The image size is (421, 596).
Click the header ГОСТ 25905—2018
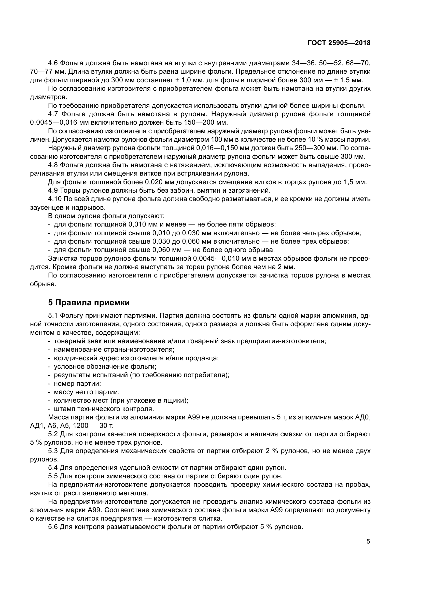click(339, 43)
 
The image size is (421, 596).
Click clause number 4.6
click(53, 63)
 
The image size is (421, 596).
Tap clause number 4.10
click(54, 199)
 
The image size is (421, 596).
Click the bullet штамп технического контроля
click(104, 409)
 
